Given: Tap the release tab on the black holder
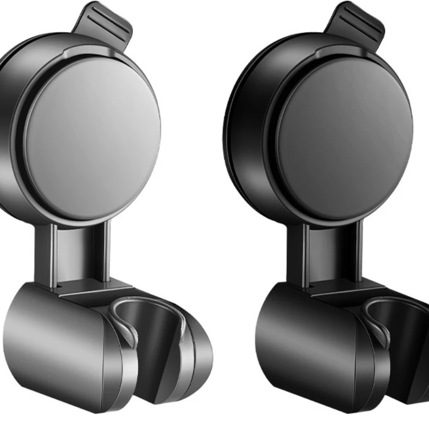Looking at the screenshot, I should pos(357,24).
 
